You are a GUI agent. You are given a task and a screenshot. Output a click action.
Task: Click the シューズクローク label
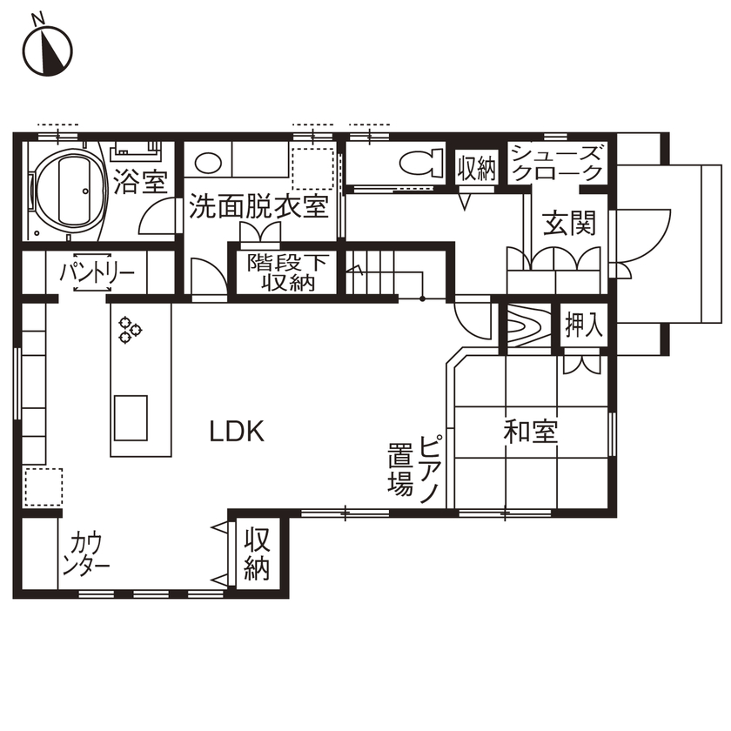(556, 163)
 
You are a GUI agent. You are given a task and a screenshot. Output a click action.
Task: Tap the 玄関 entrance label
(569, 224)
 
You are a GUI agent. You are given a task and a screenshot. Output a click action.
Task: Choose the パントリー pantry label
(97, 273)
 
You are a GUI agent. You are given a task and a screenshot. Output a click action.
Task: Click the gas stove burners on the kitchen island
(130, 329)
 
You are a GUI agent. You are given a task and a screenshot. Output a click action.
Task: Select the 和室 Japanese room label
(530, 431)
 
